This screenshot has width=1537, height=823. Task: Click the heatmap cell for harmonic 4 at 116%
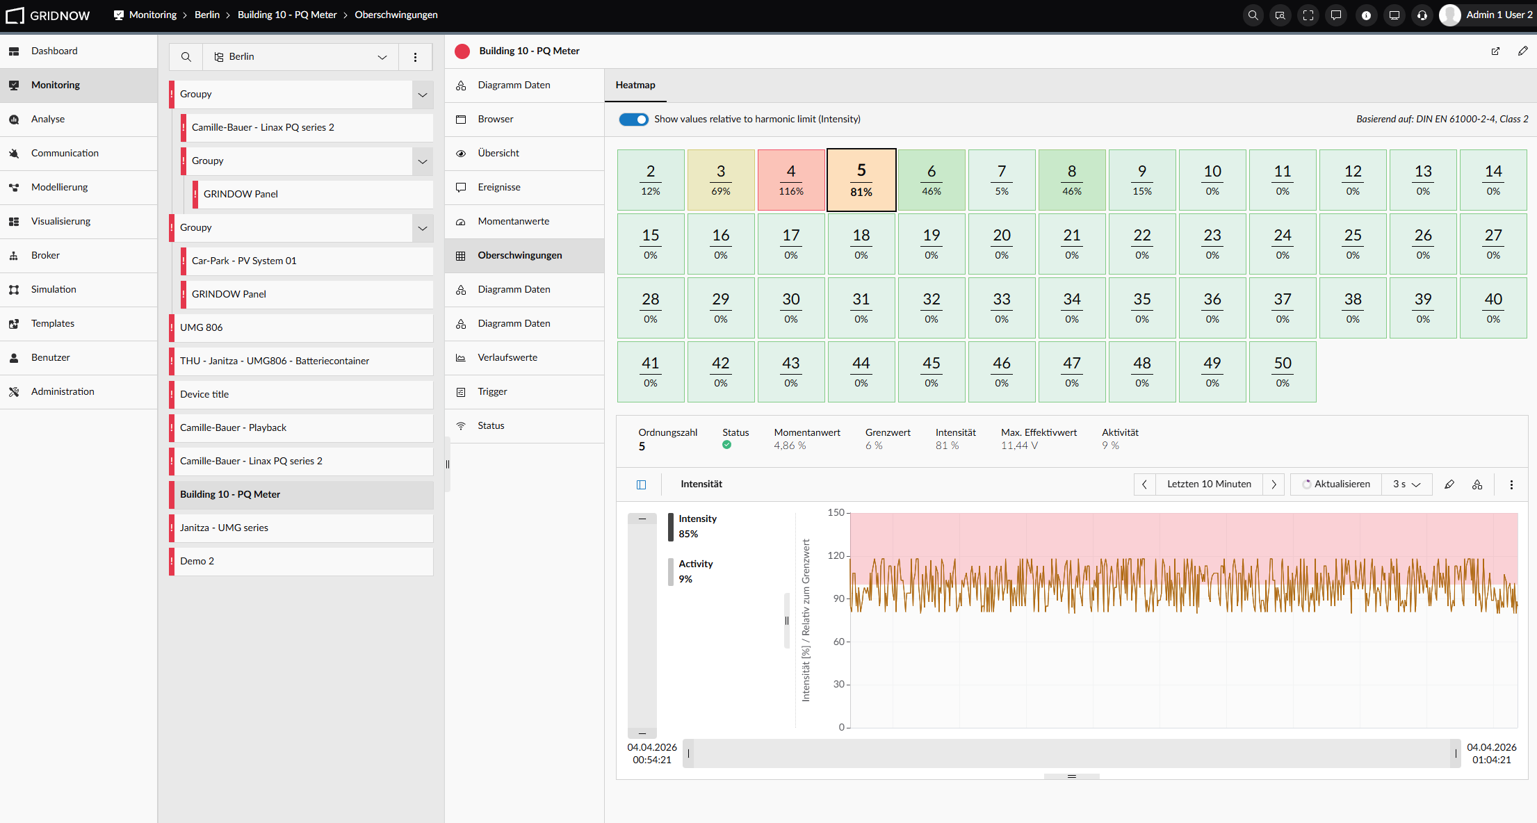point(791,180)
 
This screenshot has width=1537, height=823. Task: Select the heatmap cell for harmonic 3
point(721,180)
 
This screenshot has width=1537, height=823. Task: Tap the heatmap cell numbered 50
point(1283,372)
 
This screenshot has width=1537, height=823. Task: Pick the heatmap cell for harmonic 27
point(1493,244)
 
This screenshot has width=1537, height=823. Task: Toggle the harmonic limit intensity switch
point(633,120)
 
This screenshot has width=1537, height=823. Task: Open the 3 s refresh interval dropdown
point(1407,484)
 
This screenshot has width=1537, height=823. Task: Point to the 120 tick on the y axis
point(836,555)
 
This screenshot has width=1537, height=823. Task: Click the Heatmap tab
point(635,85)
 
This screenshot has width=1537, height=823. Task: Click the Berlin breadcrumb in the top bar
point(207,15)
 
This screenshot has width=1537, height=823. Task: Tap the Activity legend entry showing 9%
point(695,571)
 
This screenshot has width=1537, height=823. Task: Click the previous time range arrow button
point(1144,484)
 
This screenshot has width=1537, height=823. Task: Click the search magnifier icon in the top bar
point(1253,15)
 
